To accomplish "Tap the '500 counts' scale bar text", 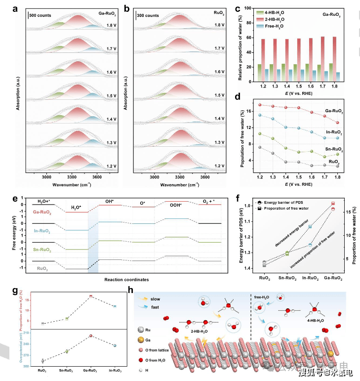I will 40,15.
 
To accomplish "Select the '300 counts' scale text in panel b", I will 148,15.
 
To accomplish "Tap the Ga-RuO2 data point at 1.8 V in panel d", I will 337,123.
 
